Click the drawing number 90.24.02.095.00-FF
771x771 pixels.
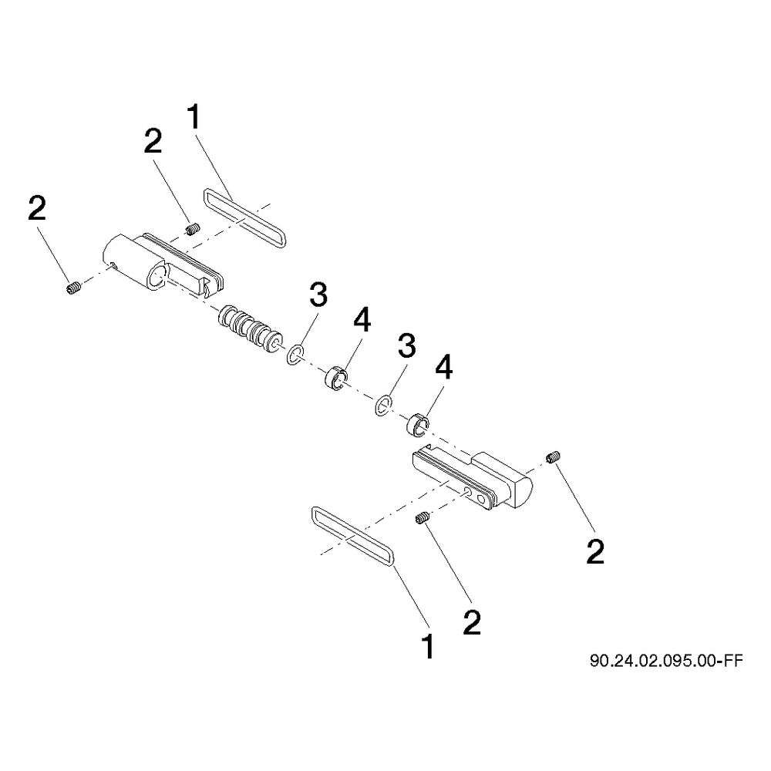(x=666, y=661)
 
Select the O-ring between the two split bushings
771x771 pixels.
(x=383, y=405)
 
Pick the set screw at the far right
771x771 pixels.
(x=553, y=456)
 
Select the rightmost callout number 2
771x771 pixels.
(x=595, y=552)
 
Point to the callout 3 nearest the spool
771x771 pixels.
(x=318, y=296)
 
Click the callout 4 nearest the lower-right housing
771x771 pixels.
(x=443, y=368)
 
